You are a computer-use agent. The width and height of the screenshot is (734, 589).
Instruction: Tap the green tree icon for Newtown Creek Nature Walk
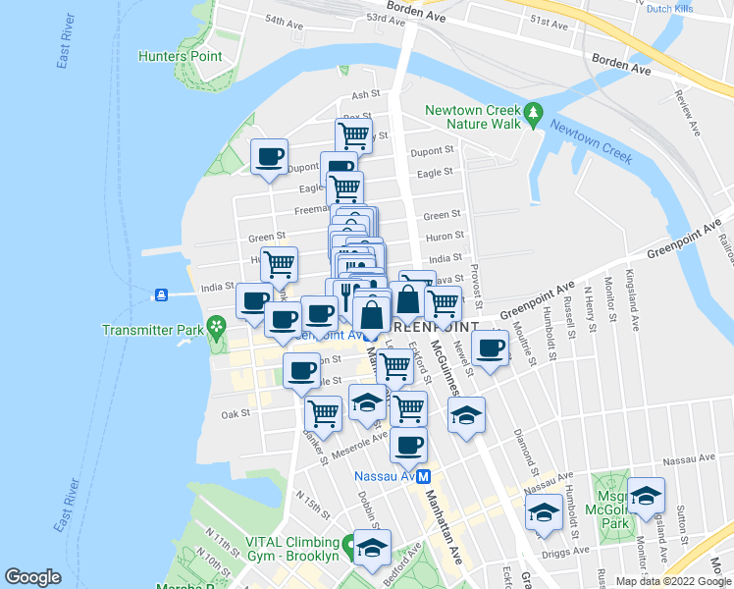coord(533,115)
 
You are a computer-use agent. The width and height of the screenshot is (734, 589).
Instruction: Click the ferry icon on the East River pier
coord(160,294)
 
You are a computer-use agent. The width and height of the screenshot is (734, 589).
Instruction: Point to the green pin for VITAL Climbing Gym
coord(348,543)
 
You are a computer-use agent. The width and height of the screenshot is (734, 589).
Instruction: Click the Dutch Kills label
coord(672,8)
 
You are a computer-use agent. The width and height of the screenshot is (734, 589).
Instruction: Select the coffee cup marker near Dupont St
coord(269,155)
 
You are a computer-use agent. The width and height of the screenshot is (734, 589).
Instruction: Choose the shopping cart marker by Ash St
coord(352,134)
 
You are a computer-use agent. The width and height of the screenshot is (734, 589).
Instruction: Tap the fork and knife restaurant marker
coord(345,294)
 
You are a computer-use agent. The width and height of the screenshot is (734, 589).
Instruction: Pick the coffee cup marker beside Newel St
coord(490,347)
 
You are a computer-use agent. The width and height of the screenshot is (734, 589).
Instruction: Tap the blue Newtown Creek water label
coord(590,140)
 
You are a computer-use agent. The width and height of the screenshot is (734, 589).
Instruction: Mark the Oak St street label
coord(236,414)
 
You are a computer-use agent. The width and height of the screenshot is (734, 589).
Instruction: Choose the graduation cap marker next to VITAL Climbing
coord(372,547)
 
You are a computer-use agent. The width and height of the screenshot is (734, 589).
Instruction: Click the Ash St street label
coord(365,94)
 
